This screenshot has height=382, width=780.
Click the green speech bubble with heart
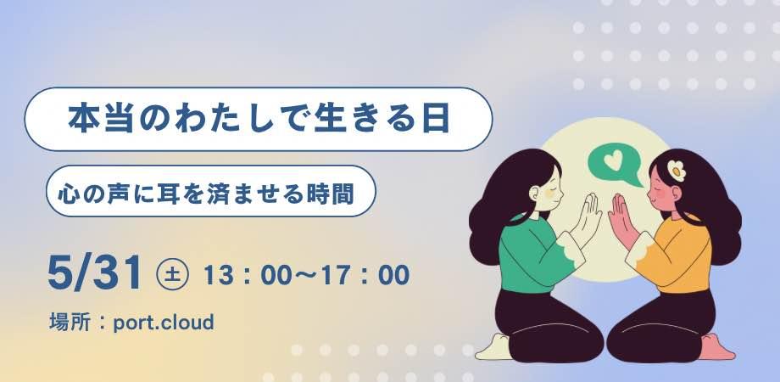pos(613,164)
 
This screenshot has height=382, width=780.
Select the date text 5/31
pos(94,274)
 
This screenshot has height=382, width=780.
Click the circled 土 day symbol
pos(172,275)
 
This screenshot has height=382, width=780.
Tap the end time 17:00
pos(365,275)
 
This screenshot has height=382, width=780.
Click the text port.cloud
pos(163,323)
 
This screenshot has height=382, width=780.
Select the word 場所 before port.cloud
pos(70,323)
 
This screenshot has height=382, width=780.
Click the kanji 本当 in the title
pos(101,120)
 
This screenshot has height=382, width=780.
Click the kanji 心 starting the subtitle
pos(67,194)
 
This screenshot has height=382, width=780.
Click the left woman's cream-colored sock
pos(494,348)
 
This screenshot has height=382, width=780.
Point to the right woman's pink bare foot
pos(716,347)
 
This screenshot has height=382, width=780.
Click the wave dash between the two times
pos(303,276)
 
